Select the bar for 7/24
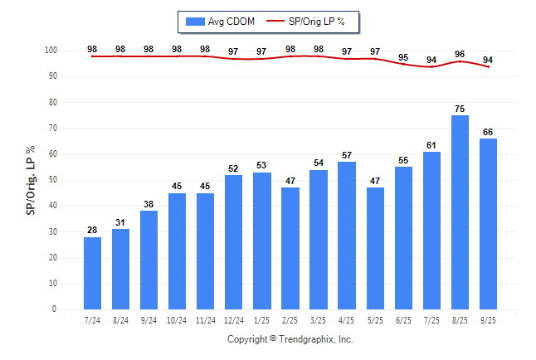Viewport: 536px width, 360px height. pyautogui.click(x=92, y=273)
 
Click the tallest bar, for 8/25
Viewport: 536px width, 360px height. pyautogui.click(x=460, y=212)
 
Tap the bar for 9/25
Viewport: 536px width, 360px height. pyautogui.click(x=488, y=224)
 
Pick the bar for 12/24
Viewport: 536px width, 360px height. pyautogui.click(x=233, y=241)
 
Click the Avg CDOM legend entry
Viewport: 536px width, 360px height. pyautogui.click(x=217, y=21)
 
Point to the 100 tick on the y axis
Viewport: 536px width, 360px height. pyautogui.click(x=50, y=51)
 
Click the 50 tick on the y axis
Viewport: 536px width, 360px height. pyautogui.click(x=52, y=180)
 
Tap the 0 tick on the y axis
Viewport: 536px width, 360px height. pyautogui.click(x=54, y=309)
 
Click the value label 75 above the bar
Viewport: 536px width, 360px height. pyautogui.click(x=460, y=108)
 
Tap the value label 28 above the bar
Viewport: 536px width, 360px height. pyautogui.click(x=92, y=230)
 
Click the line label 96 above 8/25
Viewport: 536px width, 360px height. pyautogui.click(x=460, y=54)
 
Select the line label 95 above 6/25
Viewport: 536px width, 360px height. pyautogui.click(x=403, y=57)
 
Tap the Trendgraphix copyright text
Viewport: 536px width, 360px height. pyautogui.click(x=290, y=339)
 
